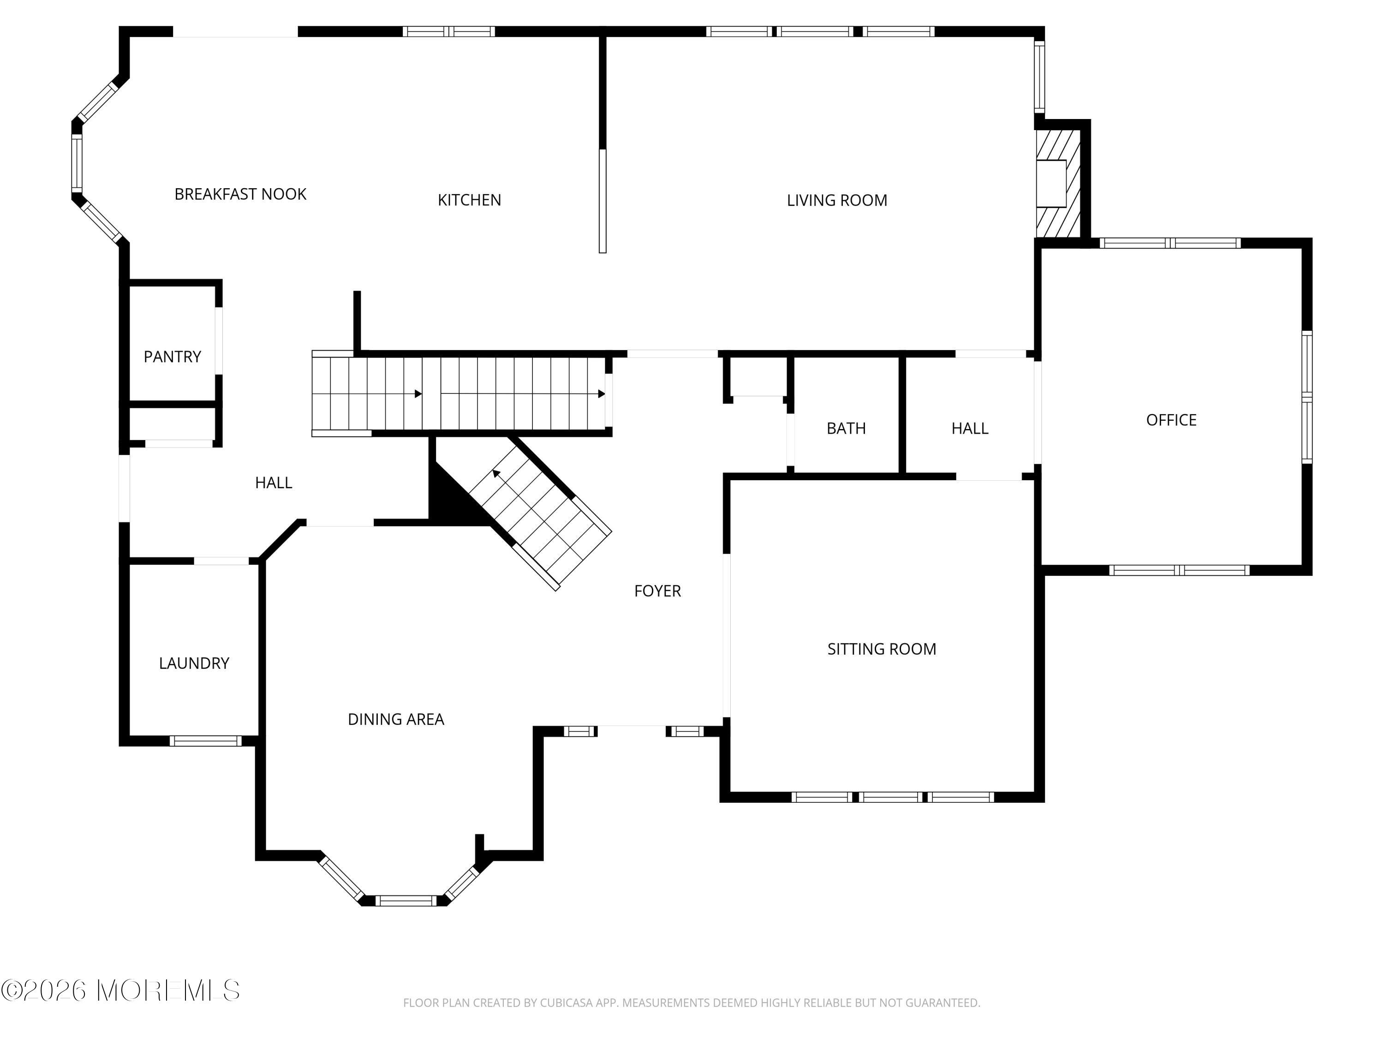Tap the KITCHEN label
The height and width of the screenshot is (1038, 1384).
point(469,200)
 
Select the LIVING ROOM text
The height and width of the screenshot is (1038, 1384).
point(836,200)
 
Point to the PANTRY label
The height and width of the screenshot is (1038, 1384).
point(172,357)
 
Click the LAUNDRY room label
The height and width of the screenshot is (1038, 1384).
point(194,663)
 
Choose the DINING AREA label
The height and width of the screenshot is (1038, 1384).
point(395,720)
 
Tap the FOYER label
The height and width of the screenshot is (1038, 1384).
point(657,591)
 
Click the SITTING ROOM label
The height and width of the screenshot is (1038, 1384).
point(882,649)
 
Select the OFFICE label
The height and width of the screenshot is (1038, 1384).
point(1171,420)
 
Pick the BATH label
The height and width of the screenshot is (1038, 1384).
point(846,429)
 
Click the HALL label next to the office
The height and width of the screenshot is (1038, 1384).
point(969,429)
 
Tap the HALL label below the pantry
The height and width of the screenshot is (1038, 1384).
point(274,483)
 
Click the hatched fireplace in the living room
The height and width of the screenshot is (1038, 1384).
point(1058,183)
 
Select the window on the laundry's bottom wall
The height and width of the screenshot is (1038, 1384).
point(205,741)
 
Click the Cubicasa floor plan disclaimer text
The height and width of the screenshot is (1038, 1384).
point(692,1003)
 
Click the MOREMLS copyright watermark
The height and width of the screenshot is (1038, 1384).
point(120,990)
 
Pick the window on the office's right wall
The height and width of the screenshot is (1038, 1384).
point(1307,397)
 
